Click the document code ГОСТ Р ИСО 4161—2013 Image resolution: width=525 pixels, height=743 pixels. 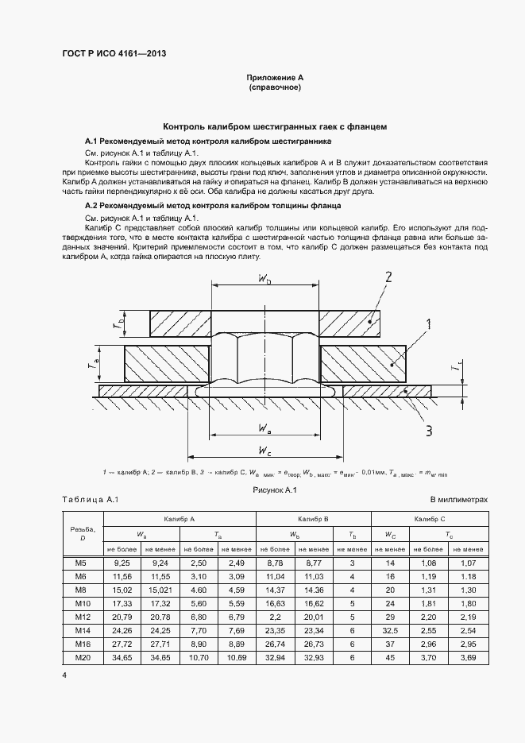(x=114, y=54)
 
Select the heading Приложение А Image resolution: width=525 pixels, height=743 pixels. (x=275, y=78)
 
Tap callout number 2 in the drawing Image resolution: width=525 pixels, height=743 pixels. (x=388, y=277)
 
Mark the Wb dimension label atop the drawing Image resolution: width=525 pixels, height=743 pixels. (x=265, y=279)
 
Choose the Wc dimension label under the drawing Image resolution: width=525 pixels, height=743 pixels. (x=265, y=451)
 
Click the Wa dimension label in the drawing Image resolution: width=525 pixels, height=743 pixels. (x=265, y=429)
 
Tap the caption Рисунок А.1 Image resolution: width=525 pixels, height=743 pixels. (x=274, y=491)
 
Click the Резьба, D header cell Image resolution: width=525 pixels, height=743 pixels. (x=83, y=533)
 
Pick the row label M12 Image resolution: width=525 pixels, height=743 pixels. (x=83, y=616)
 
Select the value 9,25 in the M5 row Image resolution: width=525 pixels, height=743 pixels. (x=122, y=563)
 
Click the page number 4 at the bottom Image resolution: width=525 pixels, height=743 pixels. (x=65, y=675)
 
